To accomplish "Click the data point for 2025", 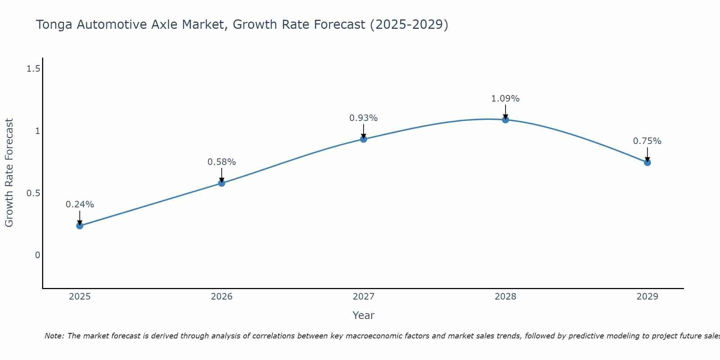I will coord(80,226).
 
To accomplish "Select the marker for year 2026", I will coord(222,183).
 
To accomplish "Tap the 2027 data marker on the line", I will coord(364,139).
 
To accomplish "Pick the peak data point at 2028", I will coord(505,120).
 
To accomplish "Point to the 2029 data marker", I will coord(647,163).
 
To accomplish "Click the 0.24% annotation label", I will coord(80,204).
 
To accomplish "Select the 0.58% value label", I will coord(222,162).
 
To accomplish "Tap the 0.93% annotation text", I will coord(364,118).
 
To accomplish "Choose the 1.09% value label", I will coord(505,99).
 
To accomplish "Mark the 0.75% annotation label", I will coord(647,141).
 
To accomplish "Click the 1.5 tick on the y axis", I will coord(33,69).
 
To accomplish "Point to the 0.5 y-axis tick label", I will coord(33,193).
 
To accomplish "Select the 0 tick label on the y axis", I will coord(37,255).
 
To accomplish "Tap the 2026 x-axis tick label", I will coord(222,297).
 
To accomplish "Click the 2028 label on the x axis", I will coord(505,297).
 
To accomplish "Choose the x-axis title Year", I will coord(364,315).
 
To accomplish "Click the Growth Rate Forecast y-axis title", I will coord(9,173).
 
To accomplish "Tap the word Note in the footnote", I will coord(54,336).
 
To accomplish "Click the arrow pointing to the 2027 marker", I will coord(364,132).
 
